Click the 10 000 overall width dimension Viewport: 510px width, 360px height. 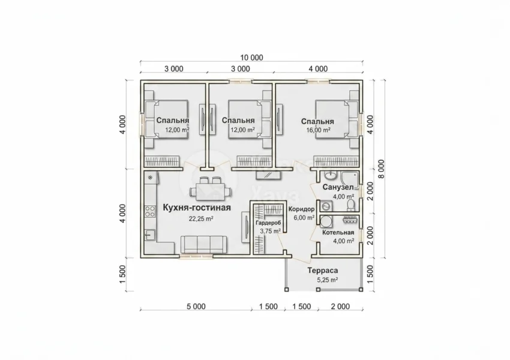tap(251, 58)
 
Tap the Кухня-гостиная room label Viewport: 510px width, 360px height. tap(196, 208)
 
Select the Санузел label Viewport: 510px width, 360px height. tap(338, 187)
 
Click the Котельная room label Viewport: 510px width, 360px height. tap(338, 233)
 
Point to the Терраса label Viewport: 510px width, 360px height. tap(323, 270)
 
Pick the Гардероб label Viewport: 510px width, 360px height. tap(268, 223)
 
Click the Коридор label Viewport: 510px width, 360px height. tap(302, 209)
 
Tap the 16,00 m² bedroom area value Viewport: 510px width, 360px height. tap(319, 130)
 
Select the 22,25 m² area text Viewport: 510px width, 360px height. tap(201, 218)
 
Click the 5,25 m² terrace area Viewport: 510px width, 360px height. tap(327, 280)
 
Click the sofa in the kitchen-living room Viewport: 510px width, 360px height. tap(203, 245)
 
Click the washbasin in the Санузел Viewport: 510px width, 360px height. tap(331, 176)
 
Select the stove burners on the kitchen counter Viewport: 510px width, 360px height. tap(150, 211)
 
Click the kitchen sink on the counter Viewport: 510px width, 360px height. tap(150, 234)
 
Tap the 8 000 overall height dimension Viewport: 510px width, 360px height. tap(381, 169)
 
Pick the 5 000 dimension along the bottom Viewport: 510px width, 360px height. tap(196, 307)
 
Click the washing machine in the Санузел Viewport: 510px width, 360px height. tap(326, 206)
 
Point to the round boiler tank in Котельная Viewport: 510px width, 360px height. tap(326, 221)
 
